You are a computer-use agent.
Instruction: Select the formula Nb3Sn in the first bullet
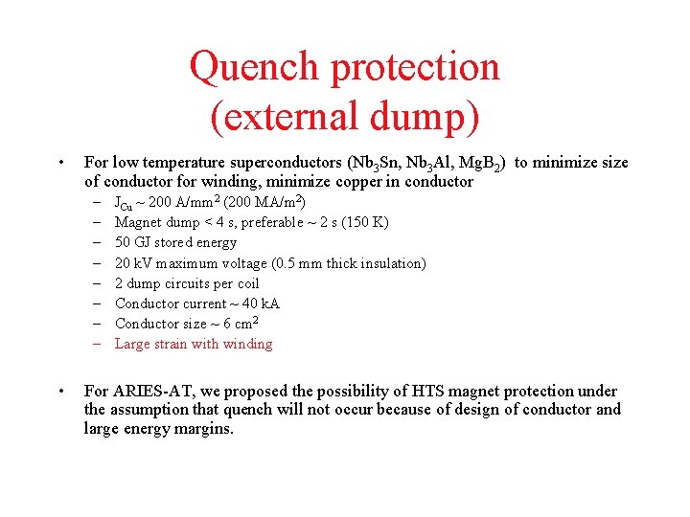tap(371, 163)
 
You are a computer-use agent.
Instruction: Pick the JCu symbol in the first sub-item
tap(125, 203)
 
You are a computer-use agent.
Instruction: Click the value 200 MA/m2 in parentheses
tap(264, 202)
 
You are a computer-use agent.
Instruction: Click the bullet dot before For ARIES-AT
tap(60, 391)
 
